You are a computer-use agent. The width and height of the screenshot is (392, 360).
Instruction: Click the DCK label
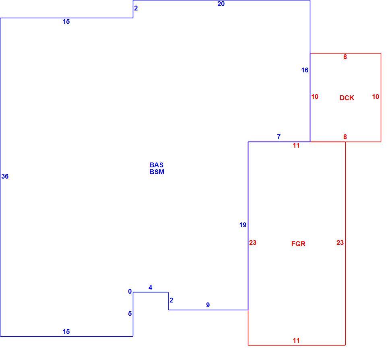(x=347, y=98)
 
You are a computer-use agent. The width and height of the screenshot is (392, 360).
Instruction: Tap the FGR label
(x=298, y=244)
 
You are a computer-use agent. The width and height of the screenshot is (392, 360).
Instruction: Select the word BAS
(x=156, y=165)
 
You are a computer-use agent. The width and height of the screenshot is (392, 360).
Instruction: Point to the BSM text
(x=157, y=172)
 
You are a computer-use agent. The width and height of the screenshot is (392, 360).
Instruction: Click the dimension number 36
(x=5, y=176)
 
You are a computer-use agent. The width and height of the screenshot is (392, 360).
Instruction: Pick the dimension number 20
(x=221, y=4)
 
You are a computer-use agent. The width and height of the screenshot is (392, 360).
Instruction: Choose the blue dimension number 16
(x=305, y=70)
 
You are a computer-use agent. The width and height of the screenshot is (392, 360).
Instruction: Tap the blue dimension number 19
(x=243, y=225)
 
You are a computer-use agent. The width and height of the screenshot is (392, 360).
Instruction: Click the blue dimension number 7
(x=279, y=137)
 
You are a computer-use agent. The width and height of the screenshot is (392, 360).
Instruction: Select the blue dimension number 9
(x=208, y=305)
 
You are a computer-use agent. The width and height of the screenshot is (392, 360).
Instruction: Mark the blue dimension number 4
(x=150, y=288)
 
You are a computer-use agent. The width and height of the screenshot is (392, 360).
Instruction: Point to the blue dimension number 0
(x=130, y=291)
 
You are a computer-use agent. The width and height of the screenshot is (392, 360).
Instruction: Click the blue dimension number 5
(x=130, y=313)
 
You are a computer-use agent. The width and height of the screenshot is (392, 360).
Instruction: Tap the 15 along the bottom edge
(x=66, y=331)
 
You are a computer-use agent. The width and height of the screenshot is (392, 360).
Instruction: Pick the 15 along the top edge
(x=66, y=21)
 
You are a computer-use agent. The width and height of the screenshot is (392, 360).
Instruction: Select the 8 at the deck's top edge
(x=345, y=57)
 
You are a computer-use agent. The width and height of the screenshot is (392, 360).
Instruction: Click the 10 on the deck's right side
(x=375, y=97)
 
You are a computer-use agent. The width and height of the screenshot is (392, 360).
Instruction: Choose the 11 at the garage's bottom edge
(x=296, y=340)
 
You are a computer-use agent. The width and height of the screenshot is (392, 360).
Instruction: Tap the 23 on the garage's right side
(x=340, y=243)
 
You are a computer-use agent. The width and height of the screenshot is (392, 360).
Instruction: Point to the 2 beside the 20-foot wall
(x=136, y=8)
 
